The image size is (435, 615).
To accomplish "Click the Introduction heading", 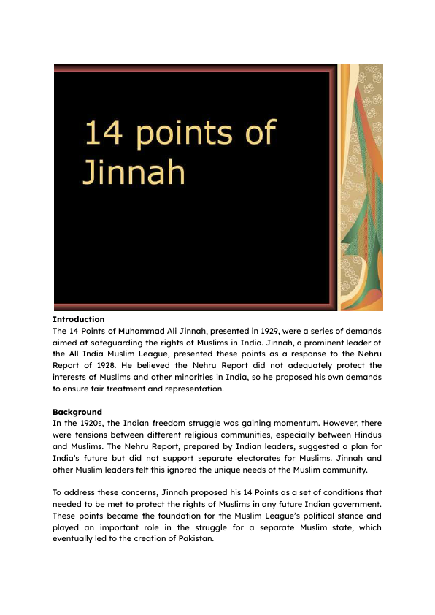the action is pyautogui.click(x=79, y=319).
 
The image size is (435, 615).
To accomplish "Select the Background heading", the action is pyautogui.click(x=77, y=412).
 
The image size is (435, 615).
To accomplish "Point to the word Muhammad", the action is pyautogui.click(x=143, y=331).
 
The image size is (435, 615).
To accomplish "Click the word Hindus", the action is pyautogui.click(x=366, y=435).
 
